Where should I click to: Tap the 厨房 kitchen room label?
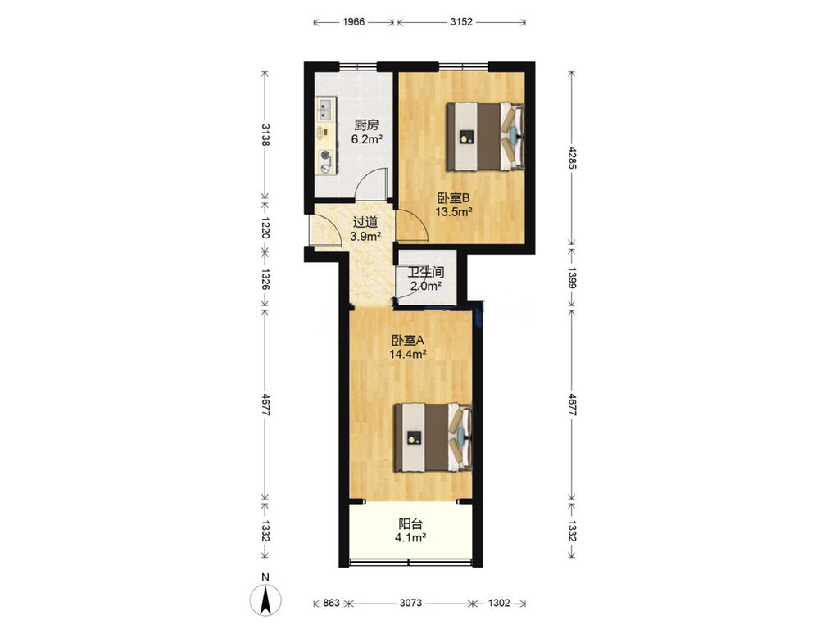(x=366, y=125)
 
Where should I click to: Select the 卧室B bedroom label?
(x=453, y=198)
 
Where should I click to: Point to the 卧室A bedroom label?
(x=408, y=340)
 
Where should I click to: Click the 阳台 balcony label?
(x=410, y=524)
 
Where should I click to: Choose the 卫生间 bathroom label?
(x=426, y=272)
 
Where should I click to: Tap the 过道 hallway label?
(x=365, y=222)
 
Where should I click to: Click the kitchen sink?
(x=324, y=110)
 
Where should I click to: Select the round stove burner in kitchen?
(x=324, y=156)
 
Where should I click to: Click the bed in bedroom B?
(x=485, y=137)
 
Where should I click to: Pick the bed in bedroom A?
(x=433, y=438)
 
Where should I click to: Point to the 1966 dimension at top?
(x=354, y=22)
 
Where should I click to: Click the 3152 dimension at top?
(x=461, y=22)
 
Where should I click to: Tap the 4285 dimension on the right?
(x=572, y=158)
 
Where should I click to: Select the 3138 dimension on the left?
(x=265, y=134)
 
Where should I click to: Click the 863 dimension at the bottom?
(x=331, y=603)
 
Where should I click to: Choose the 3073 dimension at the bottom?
(x=411, y=603)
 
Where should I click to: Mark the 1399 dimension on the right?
(x=572, y=278)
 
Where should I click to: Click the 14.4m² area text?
(x=408, y=354)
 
